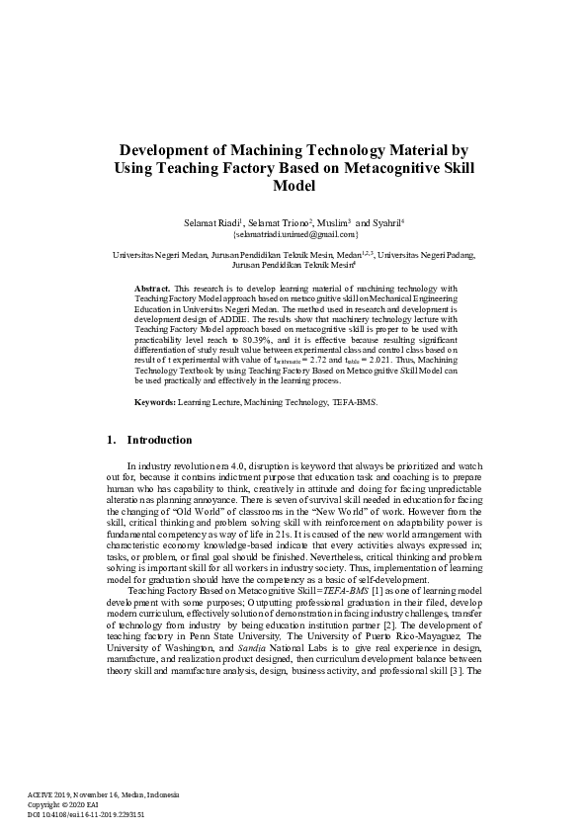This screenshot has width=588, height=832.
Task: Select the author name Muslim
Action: pos(330,223)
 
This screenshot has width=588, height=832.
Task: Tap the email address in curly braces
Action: pos(294,236)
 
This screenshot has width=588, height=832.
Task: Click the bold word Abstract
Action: pos(151,288)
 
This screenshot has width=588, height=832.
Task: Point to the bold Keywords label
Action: pos(155,403)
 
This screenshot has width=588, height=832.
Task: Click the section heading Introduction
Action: pos(159,440)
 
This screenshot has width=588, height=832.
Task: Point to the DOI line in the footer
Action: pos(86,815)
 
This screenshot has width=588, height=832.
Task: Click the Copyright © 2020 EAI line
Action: pos(63,805)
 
